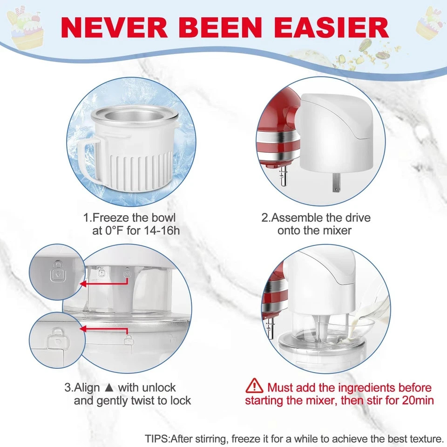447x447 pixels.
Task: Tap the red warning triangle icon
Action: point(254,386)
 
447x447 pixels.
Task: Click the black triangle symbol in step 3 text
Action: point(109,387)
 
